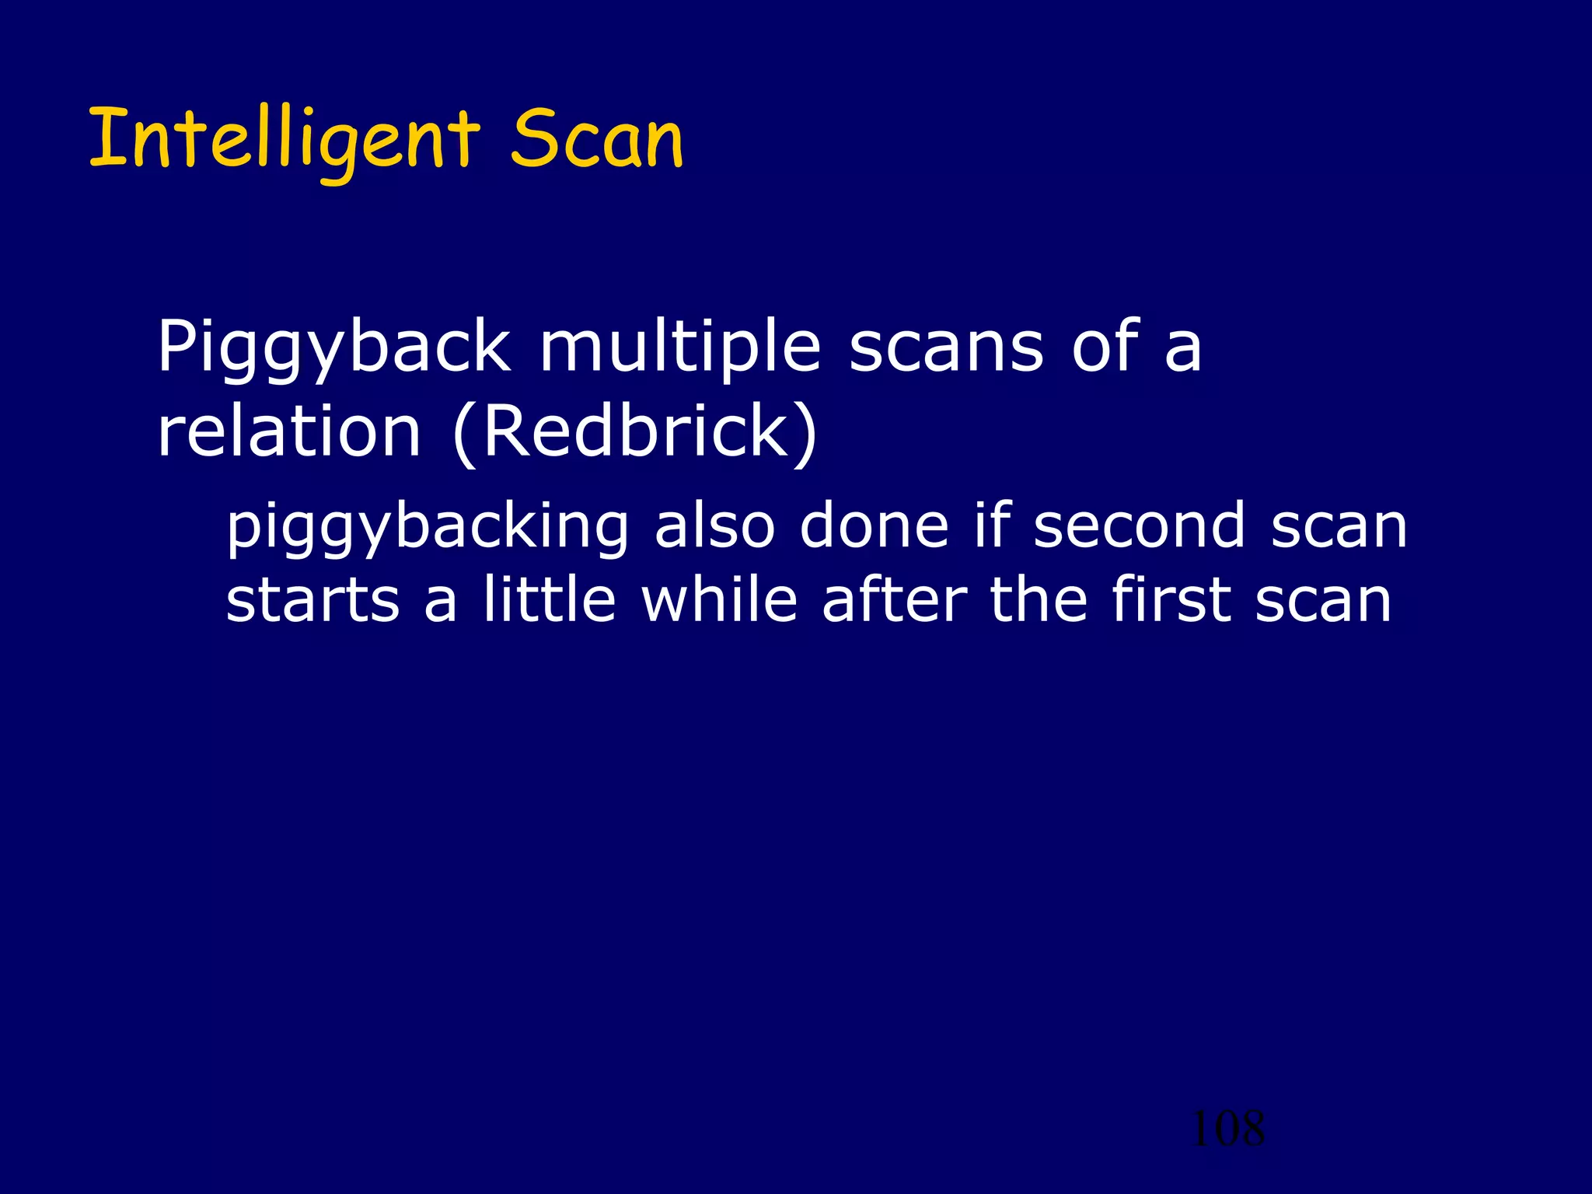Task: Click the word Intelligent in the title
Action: (x=285, y=140)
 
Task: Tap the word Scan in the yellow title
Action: (x=597, y=140)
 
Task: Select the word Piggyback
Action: (x=333, y=347)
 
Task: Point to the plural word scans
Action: (x=946, y=347)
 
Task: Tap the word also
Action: (x=714, y=526)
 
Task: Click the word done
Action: (x=874, y=526)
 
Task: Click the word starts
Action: (x=312, y=601)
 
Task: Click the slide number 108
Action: (x=1227, y=1129)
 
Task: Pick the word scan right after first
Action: (x=1322, y=601)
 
